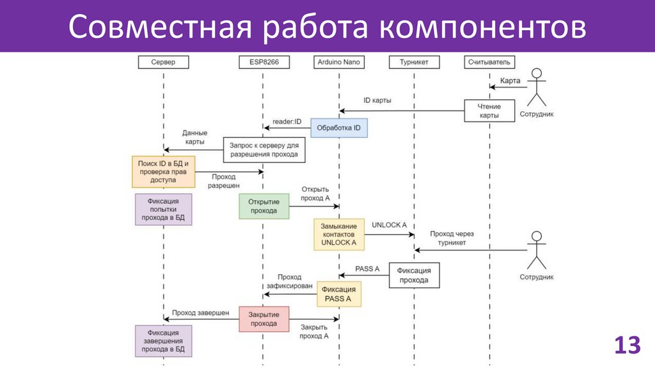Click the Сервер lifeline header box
click(163, 62)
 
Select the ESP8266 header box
click(263, 62)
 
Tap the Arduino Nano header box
click(338, 62)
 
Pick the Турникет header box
click(414, 62)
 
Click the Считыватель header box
click(490, 62)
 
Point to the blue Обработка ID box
click(339, 129)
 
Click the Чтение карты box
click(490, 111)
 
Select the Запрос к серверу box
click(263, 150)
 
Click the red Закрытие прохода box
click(264, 318)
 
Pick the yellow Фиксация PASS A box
click(338, 294)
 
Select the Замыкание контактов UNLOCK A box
click(338, 235)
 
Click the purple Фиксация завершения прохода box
click(163, 341)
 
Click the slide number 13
click(627, 346)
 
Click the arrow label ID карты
click(377, 100)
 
